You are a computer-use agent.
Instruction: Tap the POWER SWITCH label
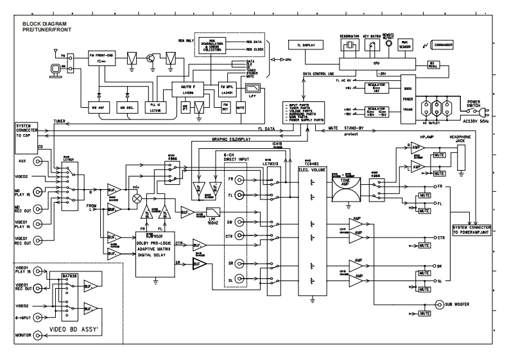(x=474, y=103)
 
